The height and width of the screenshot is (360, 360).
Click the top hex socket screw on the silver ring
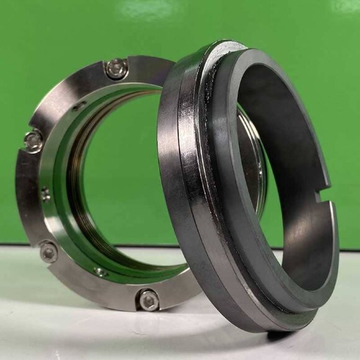click(x=117, y=68)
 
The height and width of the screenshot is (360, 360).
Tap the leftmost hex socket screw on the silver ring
click(x=34, y=141)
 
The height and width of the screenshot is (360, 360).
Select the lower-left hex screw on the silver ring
click(x=48, y=251)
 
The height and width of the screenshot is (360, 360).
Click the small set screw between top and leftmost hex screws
click(x=79, y=106)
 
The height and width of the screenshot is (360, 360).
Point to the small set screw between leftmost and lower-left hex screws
click(x=45, y=195)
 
